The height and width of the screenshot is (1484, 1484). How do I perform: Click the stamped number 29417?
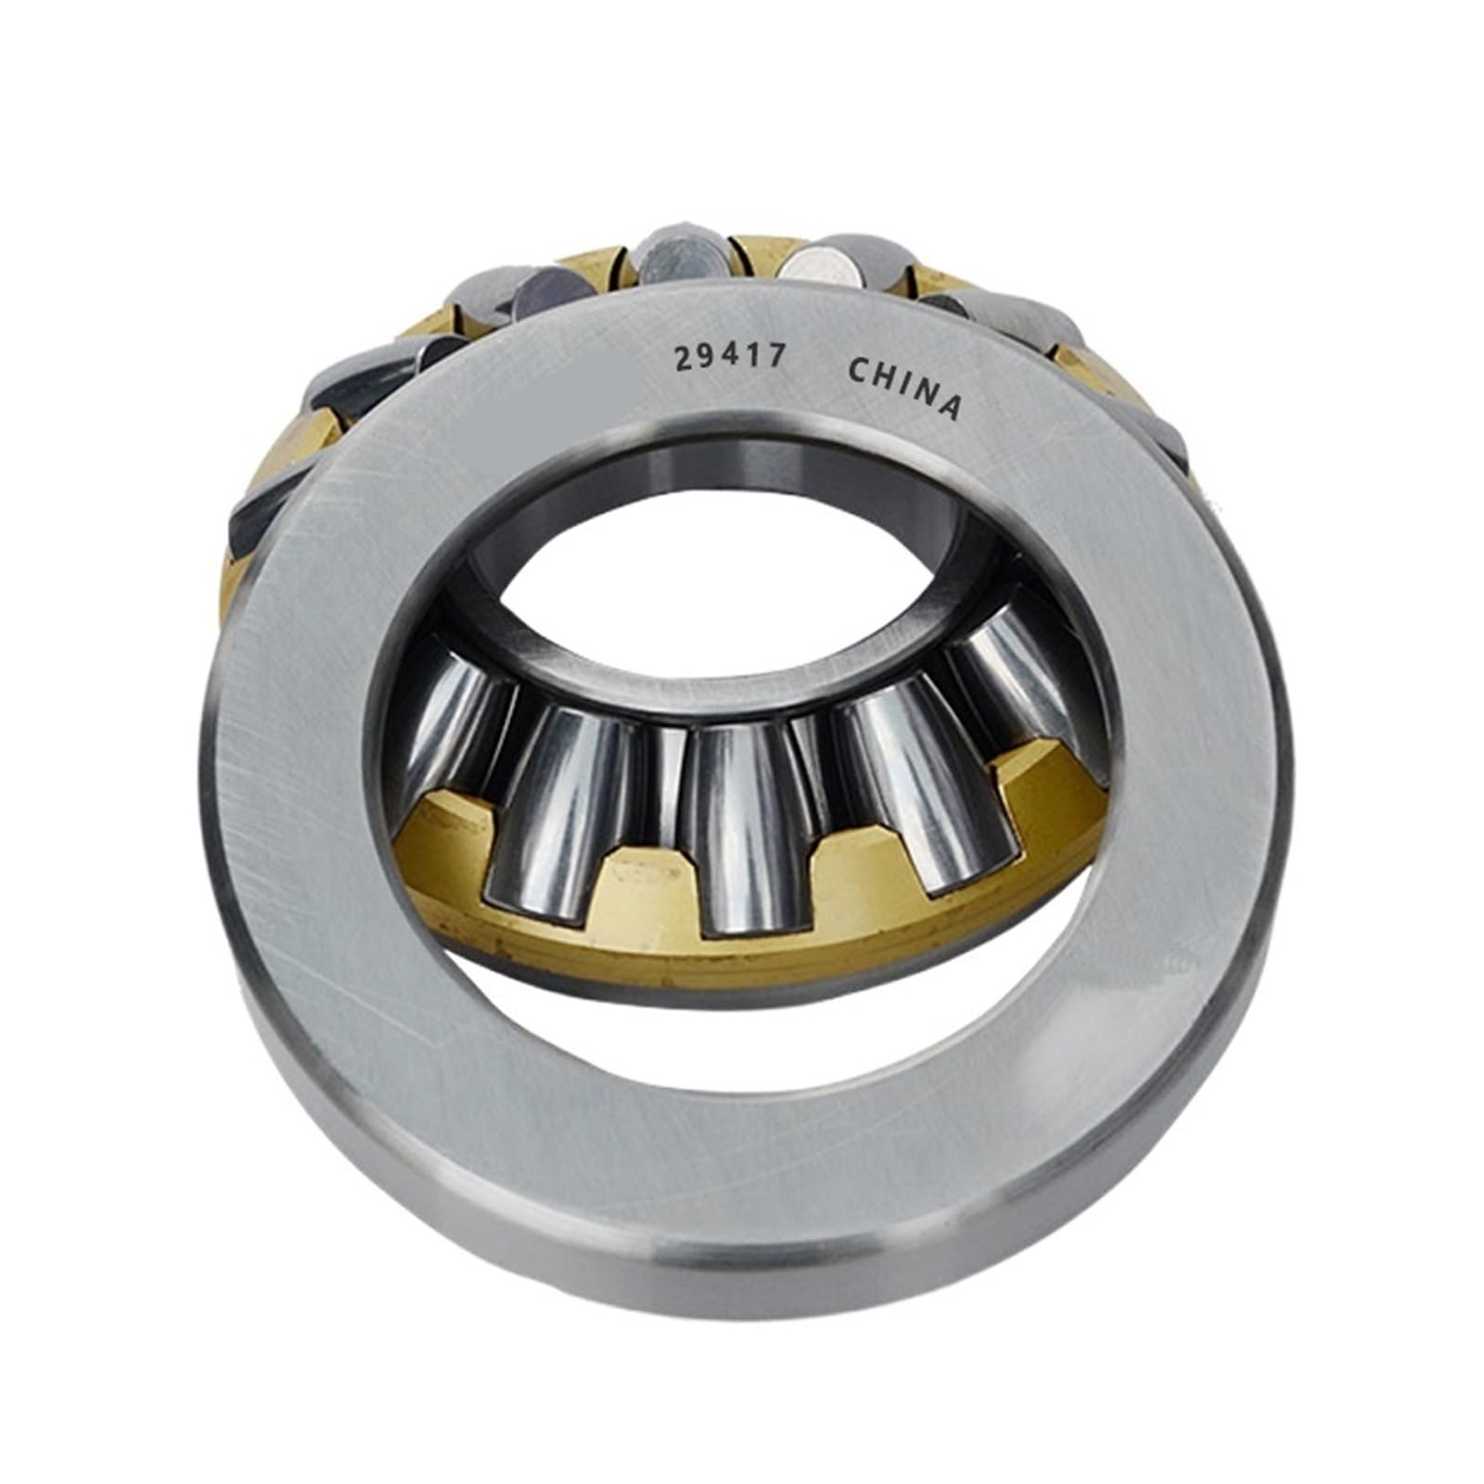click(x=729, y=356)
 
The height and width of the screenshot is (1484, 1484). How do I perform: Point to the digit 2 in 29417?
click(x=684, y=360)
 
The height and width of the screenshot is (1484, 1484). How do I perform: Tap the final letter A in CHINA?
click(x=948, y=405)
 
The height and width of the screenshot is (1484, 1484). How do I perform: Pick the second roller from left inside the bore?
click(x=556, y=807)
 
